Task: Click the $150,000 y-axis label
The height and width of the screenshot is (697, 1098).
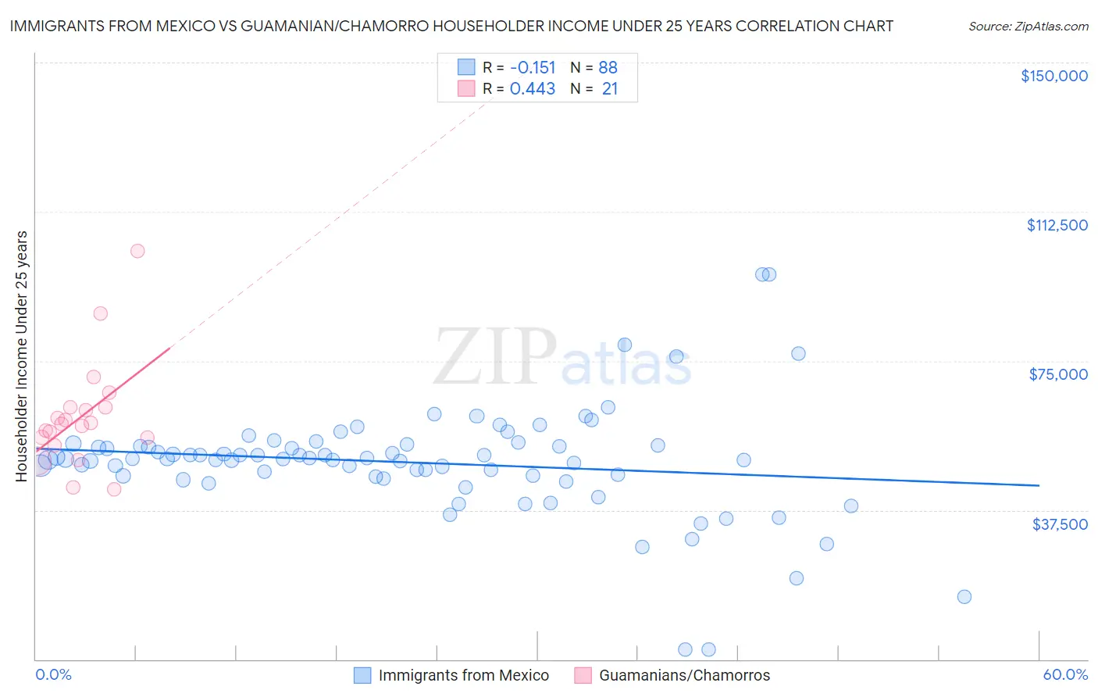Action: [x=1053, y=76]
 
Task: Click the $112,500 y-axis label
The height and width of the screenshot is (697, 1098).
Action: [x=1057, y=225]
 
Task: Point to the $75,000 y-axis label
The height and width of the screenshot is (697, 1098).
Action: [x=1058, y=374]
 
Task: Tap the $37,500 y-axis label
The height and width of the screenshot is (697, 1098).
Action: [x=1060, y=524]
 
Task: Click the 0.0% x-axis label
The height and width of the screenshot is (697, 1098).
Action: [x=53, y=675]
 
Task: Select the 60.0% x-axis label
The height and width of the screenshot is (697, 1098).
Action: [x=1065, y=675]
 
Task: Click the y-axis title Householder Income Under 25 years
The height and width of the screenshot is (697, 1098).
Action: [x=22, y=356]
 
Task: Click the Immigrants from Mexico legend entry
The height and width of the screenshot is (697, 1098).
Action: [x=463, y=675]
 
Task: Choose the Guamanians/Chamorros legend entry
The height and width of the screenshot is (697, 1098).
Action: [x=684, y=675]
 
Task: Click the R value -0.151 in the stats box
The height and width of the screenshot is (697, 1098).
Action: [x=533, y=68]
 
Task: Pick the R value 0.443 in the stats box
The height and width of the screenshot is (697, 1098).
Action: [x=533, y=89]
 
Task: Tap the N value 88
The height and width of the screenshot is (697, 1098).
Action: [x=608, y=68]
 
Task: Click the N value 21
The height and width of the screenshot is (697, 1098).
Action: [x=610, y=89]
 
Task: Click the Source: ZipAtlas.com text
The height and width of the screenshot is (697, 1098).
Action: [x=1028, y=27]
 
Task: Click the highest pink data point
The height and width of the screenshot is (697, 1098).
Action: [x=137, y=251]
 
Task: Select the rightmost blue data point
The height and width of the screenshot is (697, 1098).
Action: [x=964, y=597]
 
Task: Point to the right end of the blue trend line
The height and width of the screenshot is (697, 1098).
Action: [x=1039, y=485]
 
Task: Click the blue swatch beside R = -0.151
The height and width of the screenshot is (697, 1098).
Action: [x=466, y=68]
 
